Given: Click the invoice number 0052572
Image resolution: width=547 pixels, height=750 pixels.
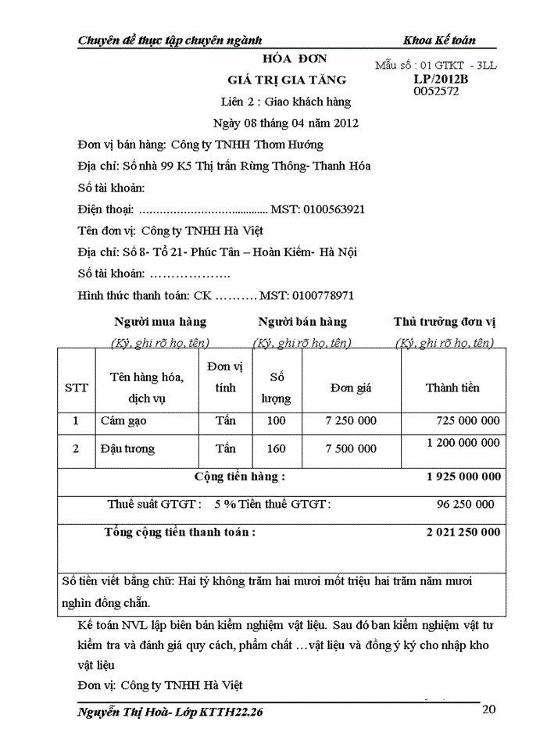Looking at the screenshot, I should click(436, 91).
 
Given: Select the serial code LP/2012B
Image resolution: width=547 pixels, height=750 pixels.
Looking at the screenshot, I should click(440, 79).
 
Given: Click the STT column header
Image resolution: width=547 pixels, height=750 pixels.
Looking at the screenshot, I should click(77, 387).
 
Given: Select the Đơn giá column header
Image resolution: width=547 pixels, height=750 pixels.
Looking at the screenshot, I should click(351, 387).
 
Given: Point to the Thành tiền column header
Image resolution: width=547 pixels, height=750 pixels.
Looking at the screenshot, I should click(452, 387).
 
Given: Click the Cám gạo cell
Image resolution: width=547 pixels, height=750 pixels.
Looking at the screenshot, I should click(123, 421).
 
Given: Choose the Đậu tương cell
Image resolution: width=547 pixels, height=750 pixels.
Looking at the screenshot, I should click(127, 448).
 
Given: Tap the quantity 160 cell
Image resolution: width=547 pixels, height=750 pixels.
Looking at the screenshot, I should click(276, 448).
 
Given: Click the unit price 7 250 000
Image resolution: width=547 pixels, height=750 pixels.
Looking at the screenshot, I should click(351, 421).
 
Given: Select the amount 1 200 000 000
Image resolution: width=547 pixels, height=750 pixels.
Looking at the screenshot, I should click(463, 443).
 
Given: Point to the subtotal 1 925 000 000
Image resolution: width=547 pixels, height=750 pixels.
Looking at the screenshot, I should click(463, 477).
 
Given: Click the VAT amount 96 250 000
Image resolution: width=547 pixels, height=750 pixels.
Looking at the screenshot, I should click(466, 504).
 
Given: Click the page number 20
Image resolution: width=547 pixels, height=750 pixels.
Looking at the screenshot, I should click(488, 709).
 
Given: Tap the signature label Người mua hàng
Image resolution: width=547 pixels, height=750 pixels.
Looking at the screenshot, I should click(160, 322).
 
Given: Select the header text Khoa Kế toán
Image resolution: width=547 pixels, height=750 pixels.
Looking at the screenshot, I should click(439, 40).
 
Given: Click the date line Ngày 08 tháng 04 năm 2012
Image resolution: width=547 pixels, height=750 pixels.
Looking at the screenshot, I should click(286, 123).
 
